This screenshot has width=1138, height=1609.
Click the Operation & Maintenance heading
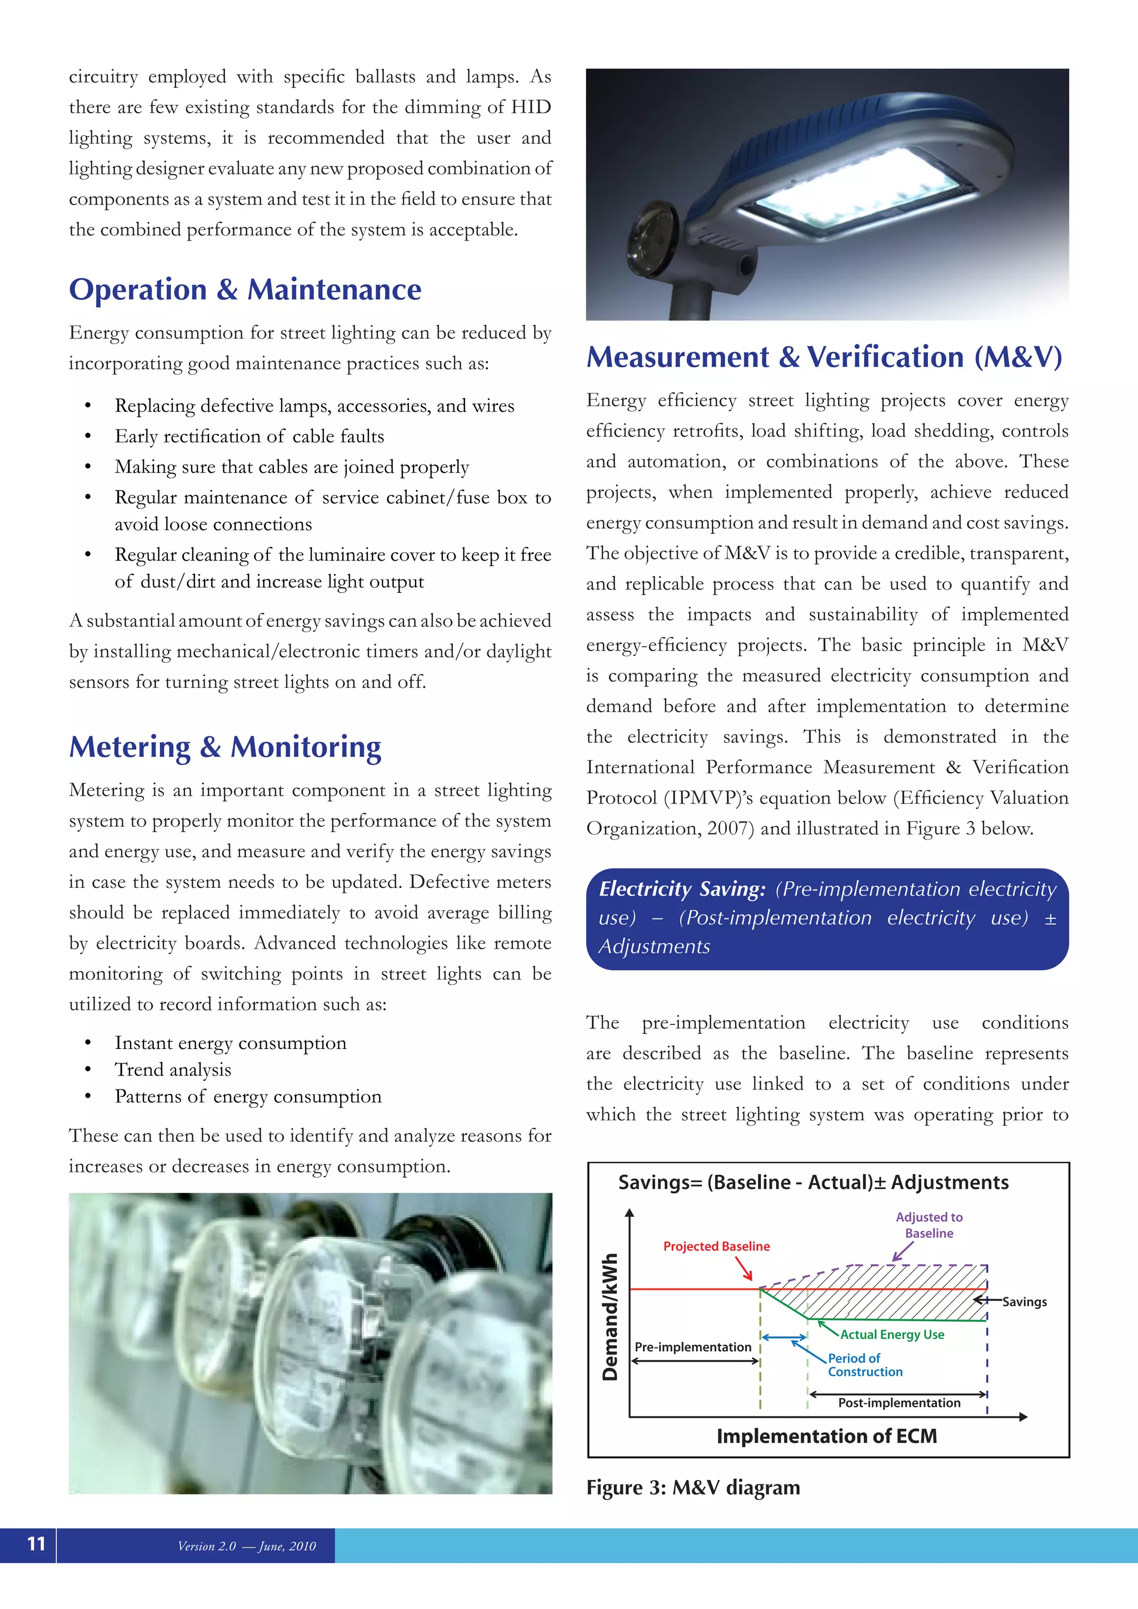(x=245, y=289)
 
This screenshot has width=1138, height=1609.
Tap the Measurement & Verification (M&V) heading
(x=824, y=357)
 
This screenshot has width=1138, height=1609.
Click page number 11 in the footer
(x=36, y=1544)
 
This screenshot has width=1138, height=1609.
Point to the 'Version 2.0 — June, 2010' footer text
(x=247, y=1546)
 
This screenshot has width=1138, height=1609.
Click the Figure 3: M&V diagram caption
(x=692, y=1487)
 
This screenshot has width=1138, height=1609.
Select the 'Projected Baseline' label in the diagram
(x=716, y=1246)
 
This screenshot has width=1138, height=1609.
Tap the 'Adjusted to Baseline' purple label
(x=929, y=1225)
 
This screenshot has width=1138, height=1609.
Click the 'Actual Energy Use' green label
(x=892, y=1335)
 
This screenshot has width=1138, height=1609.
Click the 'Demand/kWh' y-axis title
(x=610, y=1317)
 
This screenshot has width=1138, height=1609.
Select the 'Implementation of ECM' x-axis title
(x=826, y=1436)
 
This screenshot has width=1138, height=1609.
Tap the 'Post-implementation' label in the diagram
(x=899, y=1402)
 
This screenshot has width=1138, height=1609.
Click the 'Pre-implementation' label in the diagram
(x=692, y=1347)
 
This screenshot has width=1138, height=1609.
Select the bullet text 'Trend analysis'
(x=173, y=1070)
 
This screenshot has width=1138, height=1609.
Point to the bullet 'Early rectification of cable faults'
(x=249, y=437)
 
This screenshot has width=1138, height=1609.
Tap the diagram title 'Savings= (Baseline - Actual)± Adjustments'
(x=813, y=1182)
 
